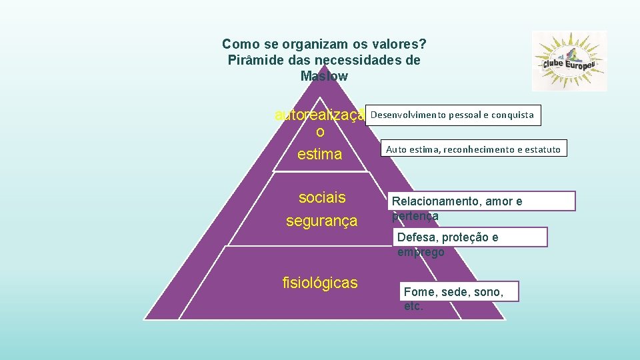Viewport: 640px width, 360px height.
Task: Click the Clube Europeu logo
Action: [569, 61]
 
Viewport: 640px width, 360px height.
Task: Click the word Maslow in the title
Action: [324, 76]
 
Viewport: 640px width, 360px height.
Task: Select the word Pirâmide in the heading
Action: [253, 60]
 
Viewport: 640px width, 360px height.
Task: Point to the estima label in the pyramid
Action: [319, 154]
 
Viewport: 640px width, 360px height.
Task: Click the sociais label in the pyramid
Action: [322, 197]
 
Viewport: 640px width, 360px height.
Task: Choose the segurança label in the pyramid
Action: [321, 221]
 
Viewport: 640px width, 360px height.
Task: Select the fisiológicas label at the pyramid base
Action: [320, 283]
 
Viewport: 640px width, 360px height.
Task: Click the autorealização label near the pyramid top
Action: [320, 116]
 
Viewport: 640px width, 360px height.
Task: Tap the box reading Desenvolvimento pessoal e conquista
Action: [452, 115]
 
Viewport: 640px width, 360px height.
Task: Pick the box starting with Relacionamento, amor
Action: [483, 201]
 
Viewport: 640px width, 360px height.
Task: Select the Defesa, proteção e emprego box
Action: [470, 237]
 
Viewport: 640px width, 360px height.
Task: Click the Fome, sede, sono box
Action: [461, 291]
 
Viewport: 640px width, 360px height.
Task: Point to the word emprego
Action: [420, 252]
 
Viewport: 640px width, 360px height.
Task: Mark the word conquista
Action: [513, 115]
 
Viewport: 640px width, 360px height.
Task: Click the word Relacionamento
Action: [433, 201]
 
